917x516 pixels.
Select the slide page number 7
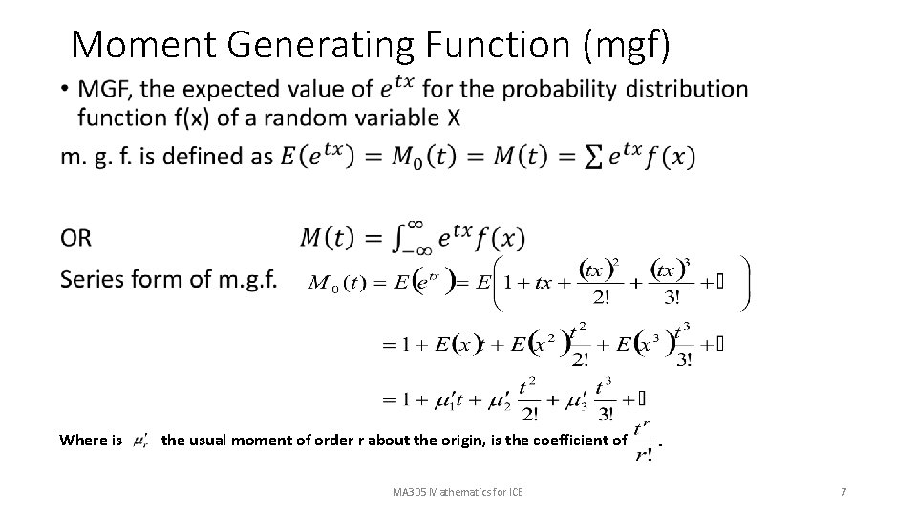click(x=842, y=492)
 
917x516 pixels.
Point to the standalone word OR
click(x=76, y=237)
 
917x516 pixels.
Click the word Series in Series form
click(x=90, y=279)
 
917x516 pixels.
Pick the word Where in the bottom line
click(x=83, y=441)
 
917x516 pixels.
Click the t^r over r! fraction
click(x=644, y=441)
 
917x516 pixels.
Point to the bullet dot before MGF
click(x=63, y=91)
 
